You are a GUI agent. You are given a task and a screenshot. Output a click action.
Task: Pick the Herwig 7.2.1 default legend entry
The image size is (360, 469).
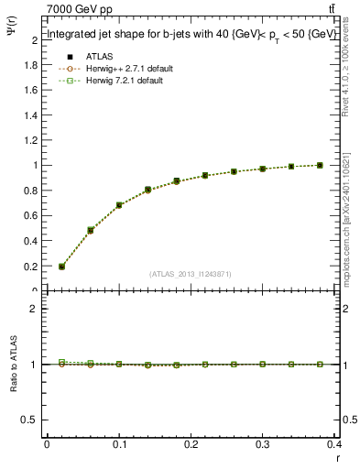[x=117, y=81]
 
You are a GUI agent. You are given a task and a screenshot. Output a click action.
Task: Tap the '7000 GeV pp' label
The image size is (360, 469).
[x=80, y=9]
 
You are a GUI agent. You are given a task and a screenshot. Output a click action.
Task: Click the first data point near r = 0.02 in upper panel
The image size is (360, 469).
[x=62, y=267]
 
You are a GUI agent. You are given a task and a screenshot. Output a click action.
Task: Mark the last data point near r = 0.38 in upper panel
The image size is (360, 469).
[x=320, y=165]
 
